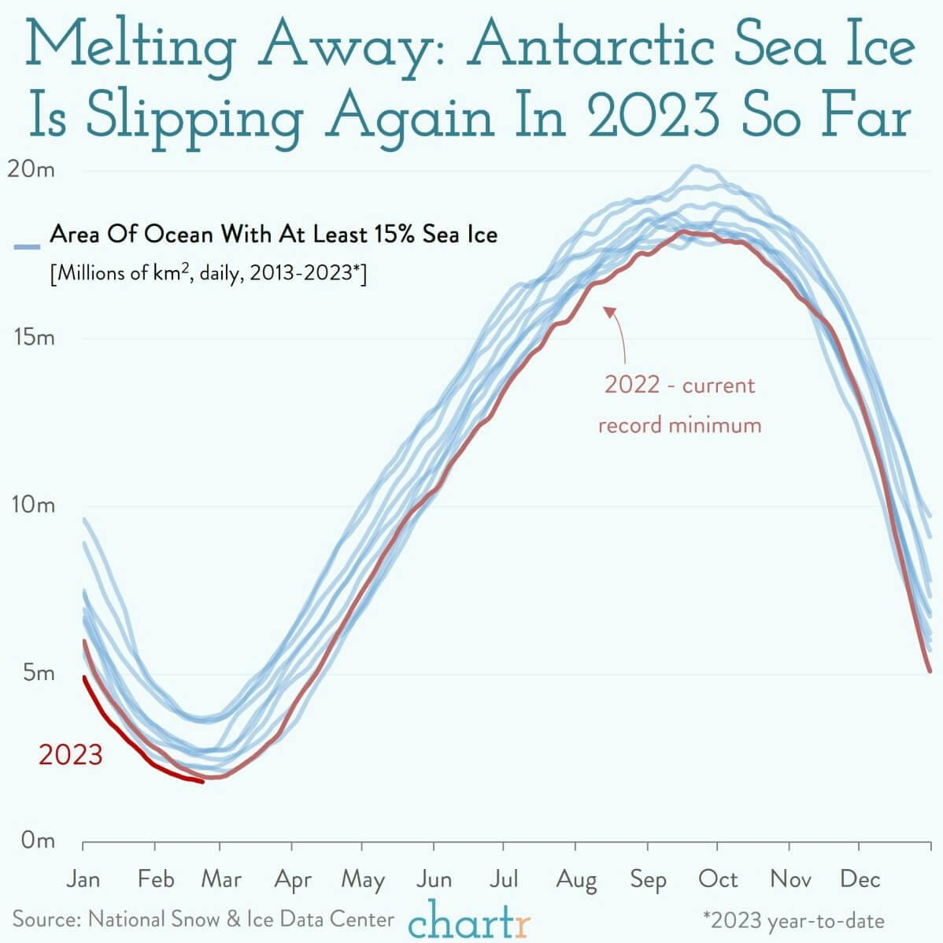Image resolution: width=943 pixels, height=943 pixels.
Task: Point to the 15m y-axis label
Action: pyautogui.click(x=34, y=338)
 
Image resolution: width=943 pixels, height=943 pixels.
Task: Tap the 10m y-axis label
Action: pyautogui.click(x=34, y=505)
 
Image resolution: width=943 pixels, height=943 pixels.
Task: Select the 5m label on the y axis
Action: pyautogui.click(x=38, y=673)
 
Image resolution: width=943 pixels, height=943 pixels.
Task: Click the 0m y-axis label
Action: pyautogui.click(x=38, y=841)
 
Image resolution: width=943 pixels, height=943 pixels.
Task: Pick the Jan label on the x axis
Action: pyautogui.click(x=83, y=878)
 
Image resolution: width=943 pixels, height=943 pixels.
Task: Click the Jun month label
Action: pyautogui.click(x=434, y=878)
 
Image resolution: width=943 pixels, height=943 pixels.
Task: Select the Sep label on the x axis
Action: pyautogui.click(x=648, y=878)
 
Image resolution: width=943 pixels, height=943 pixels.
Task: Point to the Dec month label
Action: pyautogui.click(x=860, y=878)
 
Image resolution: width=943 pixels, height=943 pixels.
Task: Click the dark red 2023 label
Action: pyautogui.click(x=71, y=755)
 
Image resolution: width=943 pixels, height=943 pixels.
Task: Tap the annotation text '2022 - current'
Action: pyautogui.click(x=679, y=386)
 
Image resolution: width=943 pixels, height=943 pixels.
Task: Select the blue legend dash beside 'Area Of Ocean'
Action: pyautogui.click(x=27, y=247)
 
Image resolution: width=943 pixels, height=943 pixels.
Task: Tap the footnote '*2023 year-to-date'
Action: pyautogui.click(x=793, y=921)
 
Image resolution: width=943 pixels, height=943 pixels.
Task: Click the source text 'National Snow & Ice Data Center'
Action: pyautogui.click(x=241, y=919)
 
